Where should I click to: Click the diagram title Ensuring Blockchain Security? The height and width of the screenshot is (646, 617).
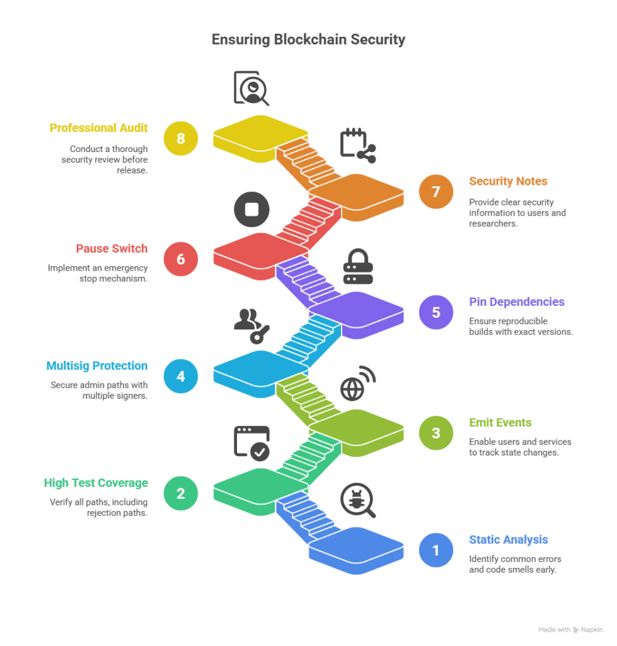(308, 40)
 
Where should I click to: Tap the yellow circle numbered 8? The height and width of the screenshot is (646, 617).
(181, 138)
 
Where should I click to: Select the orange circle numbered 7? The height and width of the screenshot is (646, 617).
(436, 191)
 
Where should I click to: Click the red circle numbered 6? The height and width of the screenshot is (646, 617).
(181, 259)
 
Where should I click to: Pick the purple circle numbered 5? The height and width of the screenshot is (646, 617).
(436, 312)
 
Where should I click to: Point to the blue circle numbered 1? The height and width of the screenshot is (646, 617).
(436, 550)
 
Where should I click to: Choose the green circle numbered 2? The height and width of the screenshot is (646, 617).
(181, 493)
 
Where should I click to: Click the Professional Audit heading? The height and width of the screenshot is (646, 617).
(99, 128)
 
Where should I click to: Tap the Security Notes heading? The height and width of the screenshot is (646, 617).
(508, 182)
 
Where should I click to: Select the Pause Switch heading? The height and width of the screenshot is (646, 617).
(112, 249)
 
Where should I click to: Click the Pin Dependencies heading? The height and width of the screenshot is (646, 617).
(516, 302)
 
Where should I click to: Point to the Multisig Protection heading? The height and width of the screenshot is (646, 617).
(97, 366)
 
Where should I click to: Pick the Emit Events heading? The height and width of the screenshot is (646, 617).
(500, 423)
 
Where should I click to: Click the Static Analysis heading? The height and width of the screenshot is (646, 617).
(509, 540)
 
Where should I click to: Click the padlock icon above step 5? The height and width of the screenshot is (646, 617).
(358, 267)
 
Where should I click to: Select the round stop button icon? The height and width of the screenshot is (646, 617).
(251, 209)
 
